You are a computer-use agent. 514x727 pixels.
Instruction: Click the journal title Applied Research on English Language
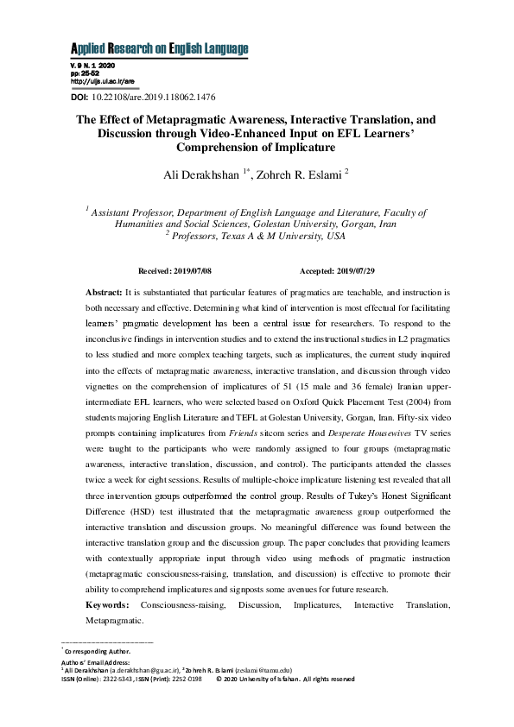pyautogui.click(x=158, y=48)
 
